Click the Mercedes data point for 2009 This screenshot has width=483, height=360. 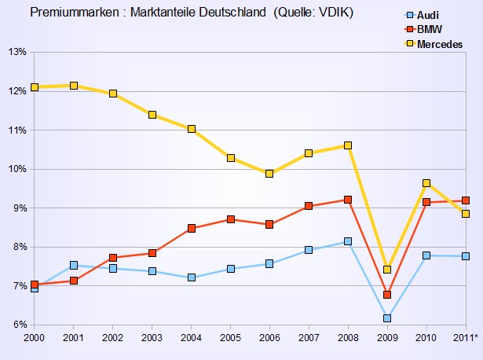click(x=387, y=270)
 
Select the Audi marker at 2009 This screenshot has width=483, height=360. click(x=387, y=318)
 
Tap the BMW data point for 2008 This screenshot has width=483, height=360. click(x=348, y=200)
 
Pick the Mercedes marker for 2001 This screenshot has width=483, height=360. click(x=74, y=86)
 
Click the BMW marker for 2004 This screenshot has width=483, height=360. click(x=192, y=228)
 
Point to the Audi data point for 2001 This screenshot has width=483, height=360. click(x=74, y=266)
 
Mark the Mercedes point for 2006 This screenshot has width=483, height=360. click(x=269, y=174)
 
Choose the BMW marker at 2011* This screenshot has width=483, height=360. click(x=466, y=200)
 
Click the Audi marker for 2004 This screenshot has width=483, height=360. click(x=192, y=277)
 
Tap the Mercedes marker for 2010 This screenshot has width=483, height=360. click(x=426, y=183)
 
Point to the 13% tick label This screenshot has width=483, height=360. click(x=17, y=52)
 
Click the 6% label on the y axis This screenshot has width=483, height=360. click(x=20, y=325)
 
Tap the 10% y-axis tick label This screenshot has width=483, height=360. click(x=17, y=169)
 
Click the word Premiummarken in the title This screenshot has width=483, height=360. click(x=68, y=13)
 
